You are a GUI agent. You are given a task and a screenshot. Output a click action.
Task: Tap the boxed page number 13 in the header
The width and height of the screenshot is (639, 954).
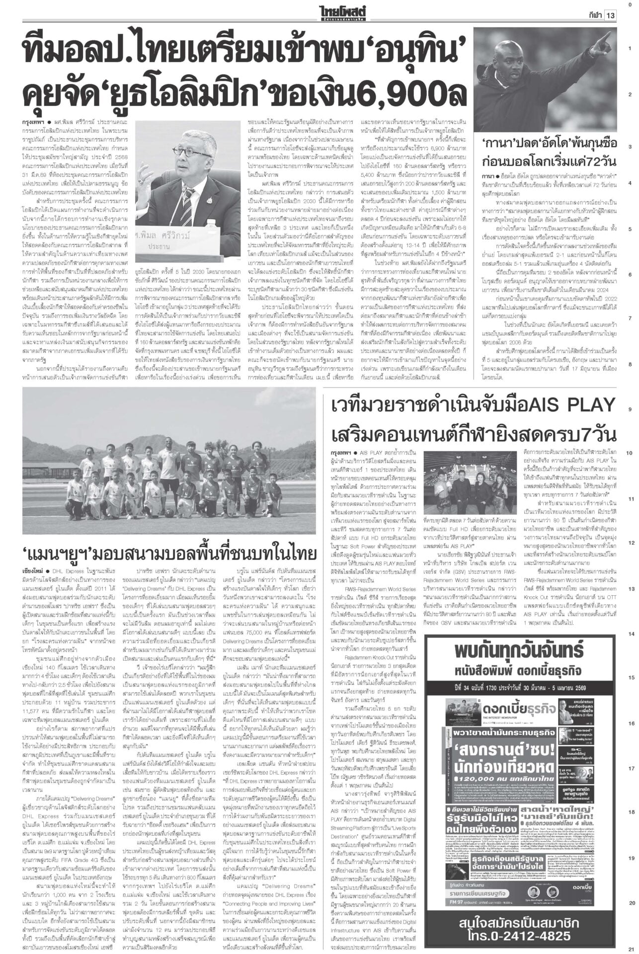pyautogui.click(x=610, y=15)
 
